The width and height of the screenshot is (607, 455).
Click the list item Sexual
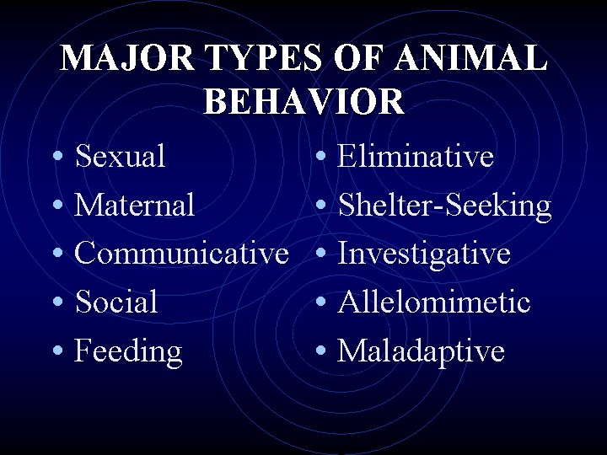click(x=120, y=156)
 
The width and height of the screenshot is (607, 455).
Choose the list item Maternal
click(x=135, y=205)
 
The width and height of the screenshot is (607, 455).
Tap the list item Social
click(x=116, y=302)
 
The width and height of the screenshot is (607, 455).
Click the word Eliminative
click(x=416, y=156)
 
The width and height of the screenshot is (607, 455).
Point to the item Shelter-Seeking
click(x=444, y=205)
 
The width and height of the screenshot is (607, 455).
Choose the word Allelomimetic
click(x=434, y=302)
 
